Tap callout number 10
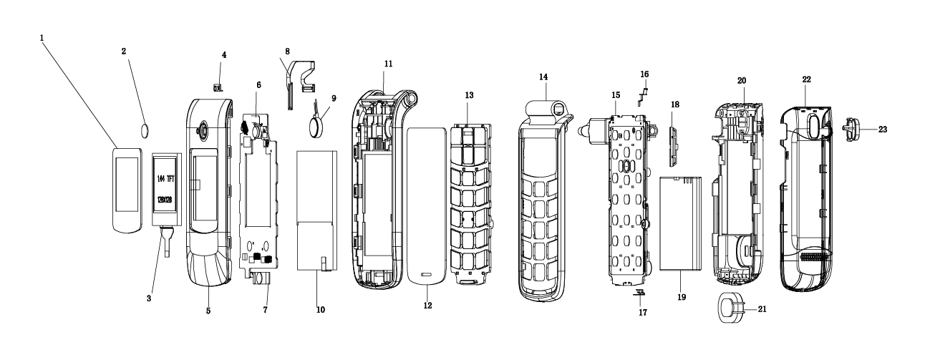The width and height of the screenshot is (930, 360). tap(320, 311)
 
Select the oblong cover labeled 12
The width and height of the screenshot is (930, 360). tap(427, 200)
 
